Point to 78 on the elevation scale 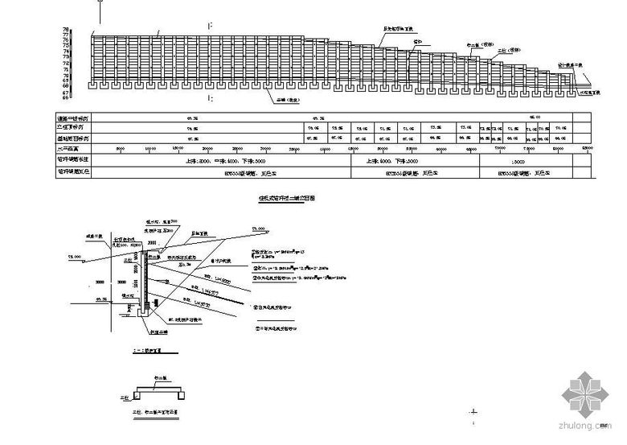88,30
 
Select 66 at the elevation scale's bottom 88,98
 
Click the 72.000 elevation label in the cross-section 75,257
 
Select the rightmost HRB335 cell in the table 521,171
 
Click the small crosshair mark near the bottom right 474,415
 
